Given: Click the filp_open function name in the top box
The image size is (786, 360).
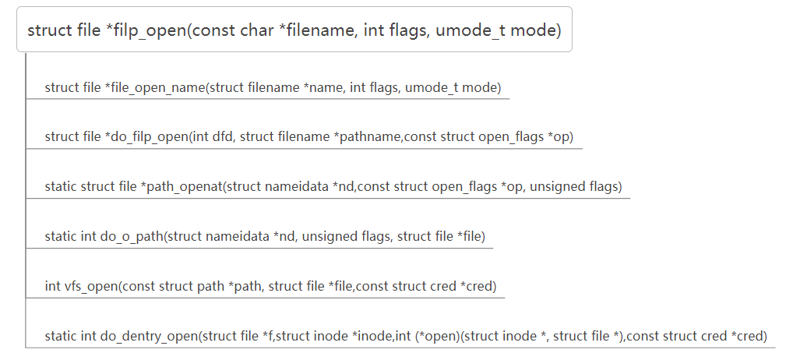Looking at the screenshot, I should [149, 30].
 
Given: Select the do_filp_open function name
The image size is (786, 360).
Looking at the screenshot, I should [148, 137].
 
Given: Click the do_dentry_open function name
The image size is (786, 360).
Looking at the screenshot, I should [148, 337].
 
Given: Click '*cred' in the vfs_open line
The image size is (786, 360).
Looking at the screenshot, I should [478, 286].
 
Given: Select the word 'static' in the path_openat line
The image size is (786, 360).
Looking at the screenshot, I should [61, 187].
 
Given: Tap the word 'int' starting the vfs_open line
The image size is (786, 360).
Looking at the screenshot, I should [52, 286].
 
